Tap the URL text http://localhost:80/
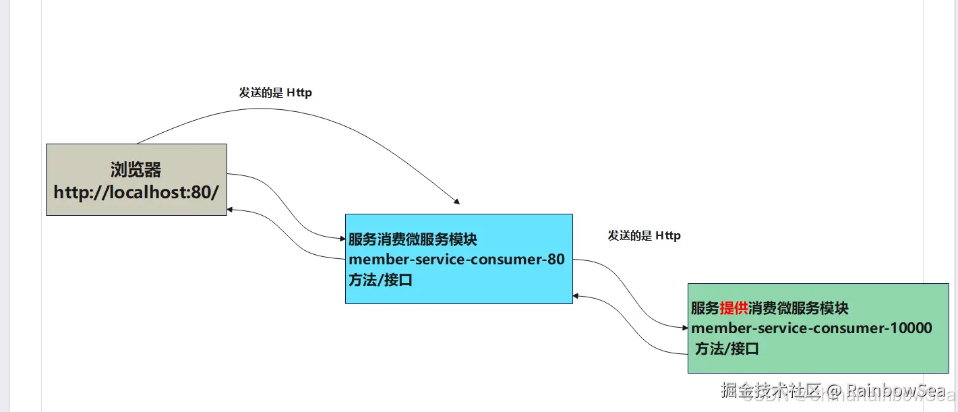pyautogui.click(x=136, y=192)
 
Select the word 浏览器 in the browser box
pyautogui.click(x=136, y=169)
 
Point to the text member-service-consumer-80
pyautogui.click(x=456, y=260)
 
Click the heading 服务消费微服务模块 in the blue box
pyautogui.click(x=413, y=239)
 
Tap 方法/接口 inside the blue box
pyautogui.click(x=380, y=281)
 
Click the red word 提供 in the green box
pyautogui.click(x=734, y=308)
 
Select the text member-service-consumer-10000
pyautogui.click(x=812, y=328)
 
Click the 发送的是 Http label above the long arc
pyautogui.click(x=275, y=93)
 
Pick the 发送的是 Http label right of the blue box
pyautogui.click(x=644, y=235)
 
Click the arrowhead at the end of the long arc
pyautogui.click(x=457, y=201)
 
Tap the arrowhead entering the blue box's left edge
pyautogui.click(x=342, y=238)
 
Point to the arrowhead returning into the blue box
pyautogui.click(x=576, y=295)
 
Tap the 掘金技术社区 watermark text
pyautogui.click(x=771, y=390)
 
